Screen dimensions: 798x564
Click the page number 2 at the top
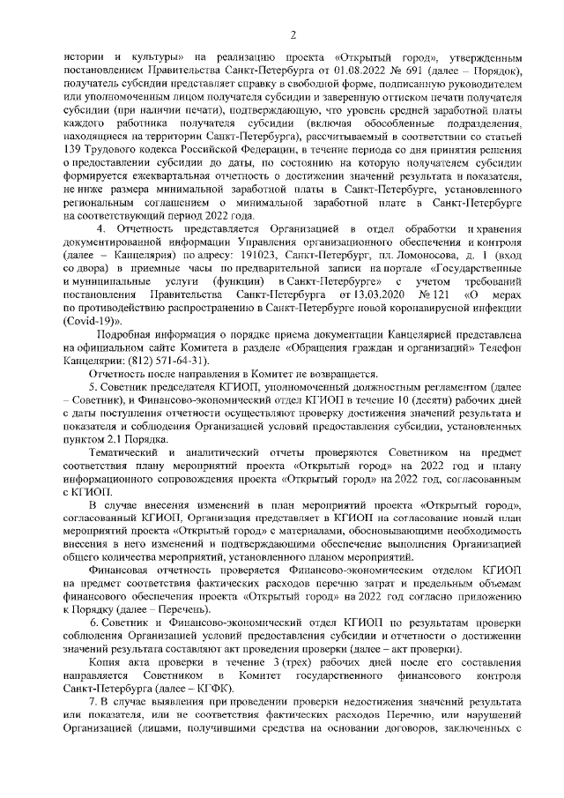[x=292, y=34]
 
